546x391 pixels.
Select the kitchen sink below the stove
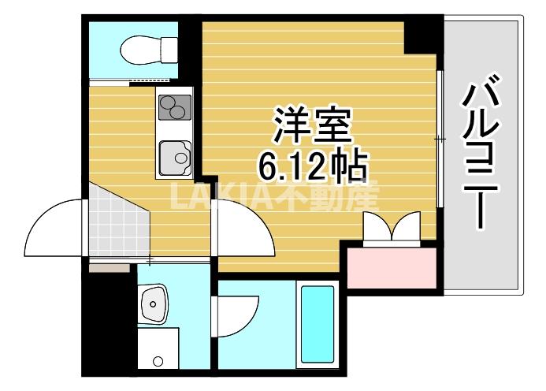coord(176,156)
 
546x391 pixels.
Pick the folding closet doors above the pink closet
coord(391,229)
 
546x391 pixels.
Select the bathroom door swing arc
coord(236,316)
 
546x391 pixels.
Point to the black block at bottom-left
coord(110,323)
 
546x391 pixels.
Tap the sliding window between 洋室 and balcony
coord(440,139)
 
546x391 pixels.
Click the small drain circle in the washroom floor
coord(158,362)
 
